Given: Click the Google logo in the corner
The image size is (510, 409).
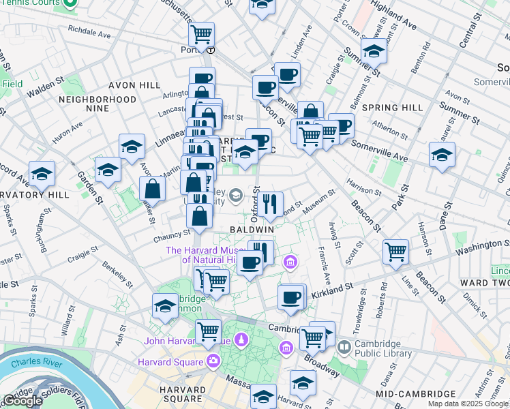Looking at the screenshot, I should click(x=22, y=401).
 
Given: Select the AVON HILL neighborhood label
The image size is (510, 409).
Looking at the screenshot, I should click(x=134, y=85).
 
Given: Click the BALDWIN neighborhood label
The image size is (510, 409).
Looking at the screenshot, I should click(x=252, y=230).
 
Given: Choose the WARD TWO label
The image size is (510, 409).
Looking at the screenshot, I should click(x=485, y=282).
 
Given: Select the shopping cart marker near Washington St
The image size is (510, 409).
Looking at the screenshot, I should click(x=395, y=252).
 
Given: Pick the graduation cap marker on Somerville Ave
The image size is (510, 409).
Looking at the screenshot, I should click(x=442, y=154).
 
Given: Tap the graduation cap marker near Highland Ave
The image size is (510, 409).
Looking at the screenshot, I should click(x=373, y=51).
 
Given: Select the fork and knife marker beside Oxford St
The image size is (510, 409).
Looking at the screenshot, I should click(x=271, y=203).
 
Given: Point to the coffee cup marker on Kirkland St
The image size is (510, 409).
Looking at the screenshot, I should click(x=291, y=297).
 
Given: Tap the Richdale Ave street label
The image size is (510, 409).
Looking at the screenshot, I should click(x=89, y=31).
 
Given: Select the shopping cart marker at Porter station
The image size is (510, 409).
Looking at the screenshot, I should click(x=201, y=33).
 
